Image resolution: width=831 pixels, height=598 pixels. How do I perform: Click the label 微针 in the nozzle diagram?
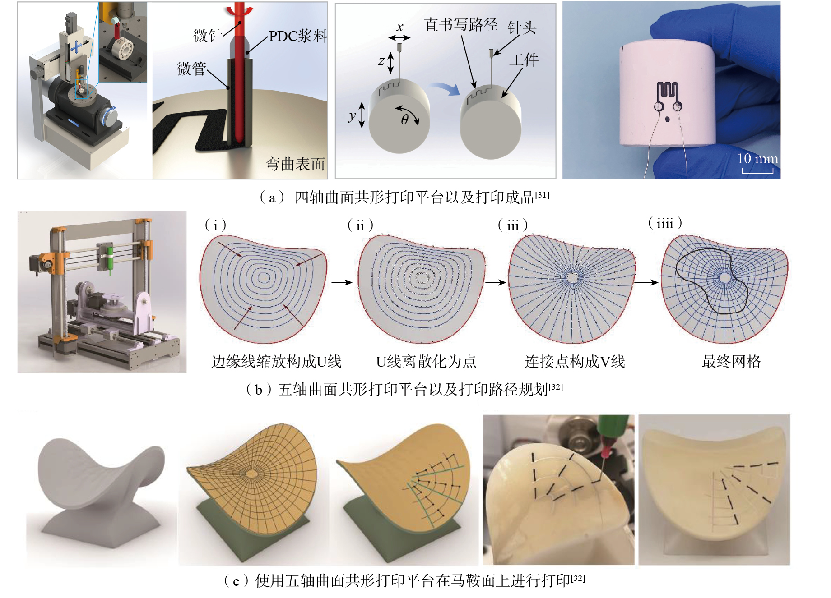(207, 36)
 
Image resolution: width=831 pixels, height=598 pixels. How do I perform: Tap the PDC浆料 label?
(298, 36)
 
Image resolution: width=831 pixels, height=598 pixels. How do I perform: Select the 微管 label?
(191, 69)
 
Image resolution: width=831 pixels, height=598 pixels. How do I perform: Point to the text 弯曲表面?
(295, 164)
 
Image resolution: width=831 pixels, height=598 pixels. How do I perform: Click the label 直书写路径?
(460, 25)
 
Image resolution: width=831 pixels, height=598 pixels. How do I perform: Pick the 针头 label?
(522, 28)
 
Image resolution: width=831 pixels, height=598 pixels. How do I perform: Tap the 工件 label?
(524, 60)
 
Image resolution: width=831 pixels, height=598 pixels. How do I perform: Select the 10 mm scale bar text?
(757, 158)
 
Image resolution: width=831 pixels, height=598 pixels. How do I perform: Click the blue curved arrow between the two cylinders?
(445, 89)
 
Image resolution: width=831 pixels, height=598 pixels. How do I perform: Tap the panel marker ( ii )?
(360, 225)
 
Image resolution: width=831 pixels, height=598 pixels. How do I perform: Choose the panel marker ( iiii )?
(665, 223)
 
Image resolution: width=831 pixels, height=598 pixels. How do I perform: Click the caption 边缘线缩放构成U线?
(276, 361)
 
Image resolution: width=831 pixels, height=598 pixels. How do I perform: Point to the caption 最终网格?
(731, 361)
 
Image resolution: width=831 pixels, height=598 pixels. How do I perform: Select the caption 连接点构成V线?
(575, 361)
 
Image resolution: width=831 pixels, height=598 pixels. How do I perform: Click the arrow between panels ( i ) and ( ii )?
(342, 282)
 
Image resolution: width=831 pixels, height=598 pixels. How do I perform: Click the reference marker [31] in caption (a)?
(542, 195)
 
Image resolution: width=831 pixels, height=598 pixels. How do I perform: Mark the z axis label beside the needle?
(381, 61)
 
